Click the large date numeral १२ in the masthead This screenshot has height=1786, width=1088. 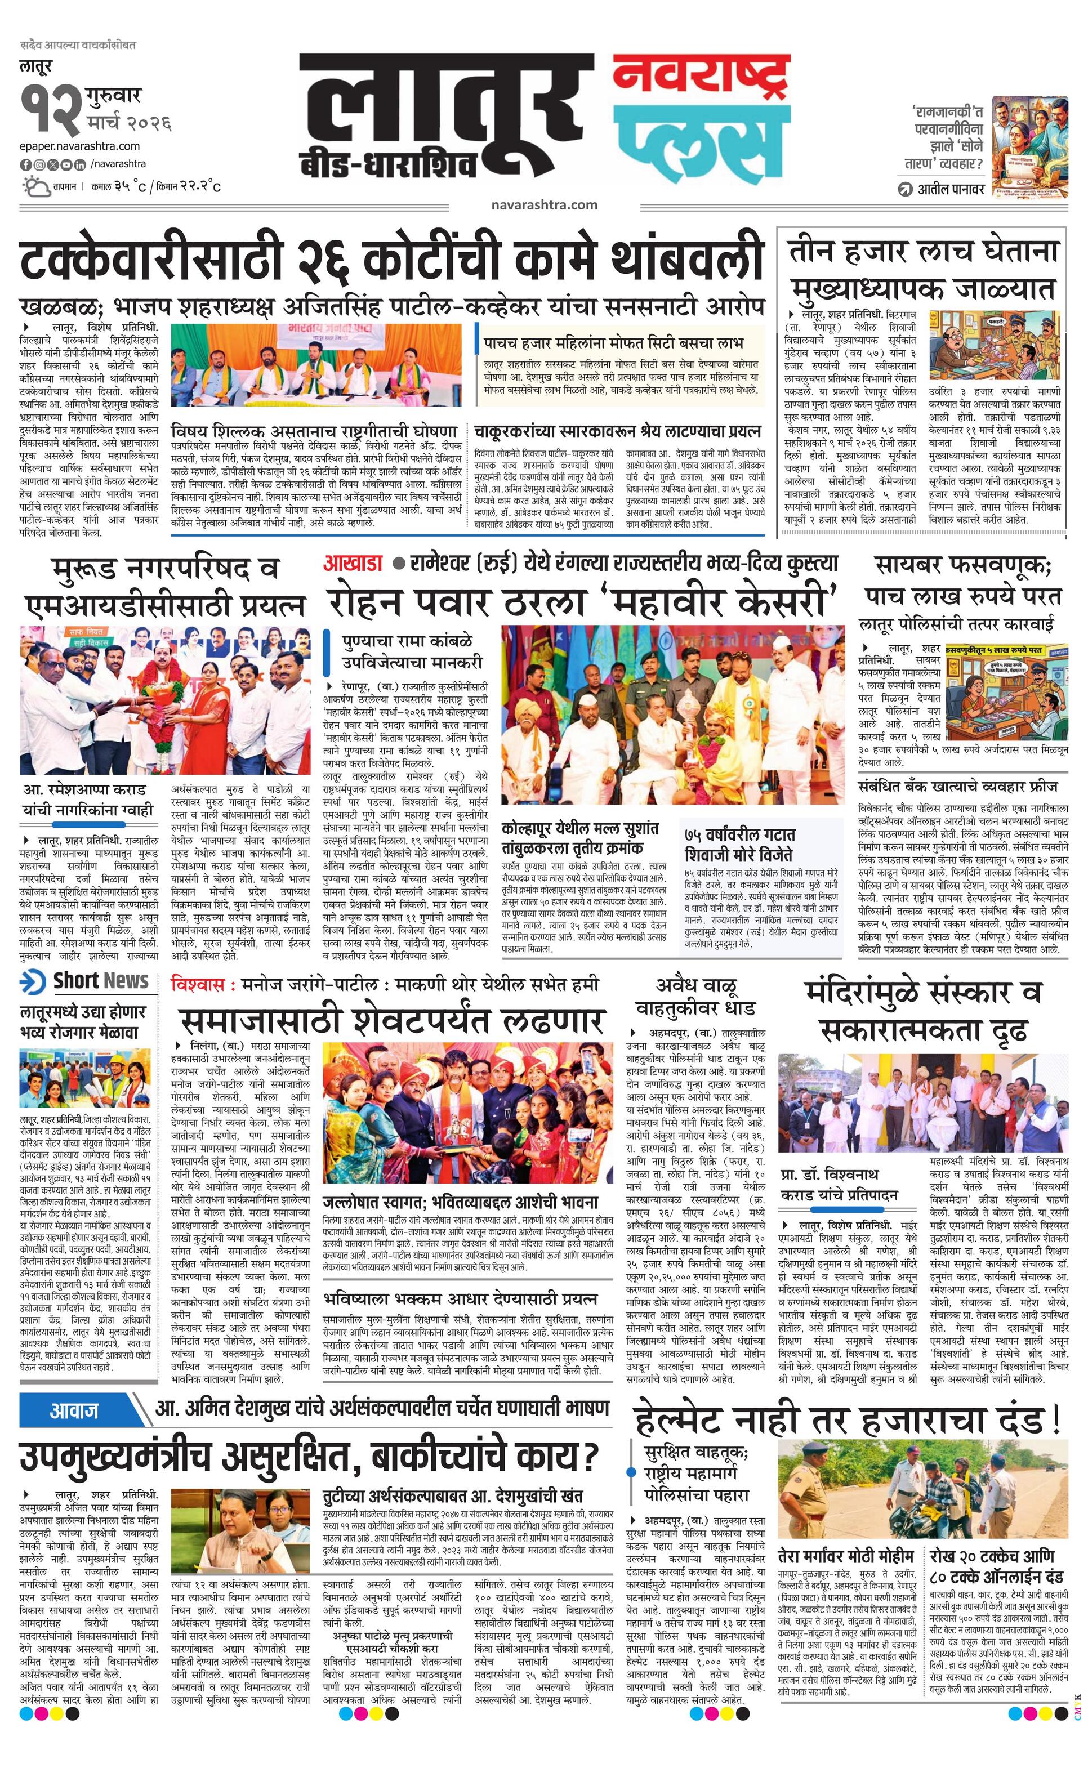(50, 109)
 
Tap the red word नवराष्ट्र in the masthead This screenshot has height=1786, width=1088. (700, 78)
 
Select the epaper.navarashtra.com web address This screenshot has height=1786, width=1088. (80, 146)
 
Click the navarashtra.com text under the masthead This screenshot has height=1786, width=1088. (543, 204)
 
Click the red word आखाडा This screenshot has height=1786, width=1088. (353, 563)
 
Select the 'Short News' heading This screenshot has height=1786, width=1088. (100, 981)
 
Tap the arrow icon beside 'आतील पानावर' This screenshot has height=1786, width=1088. (904, 189)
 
